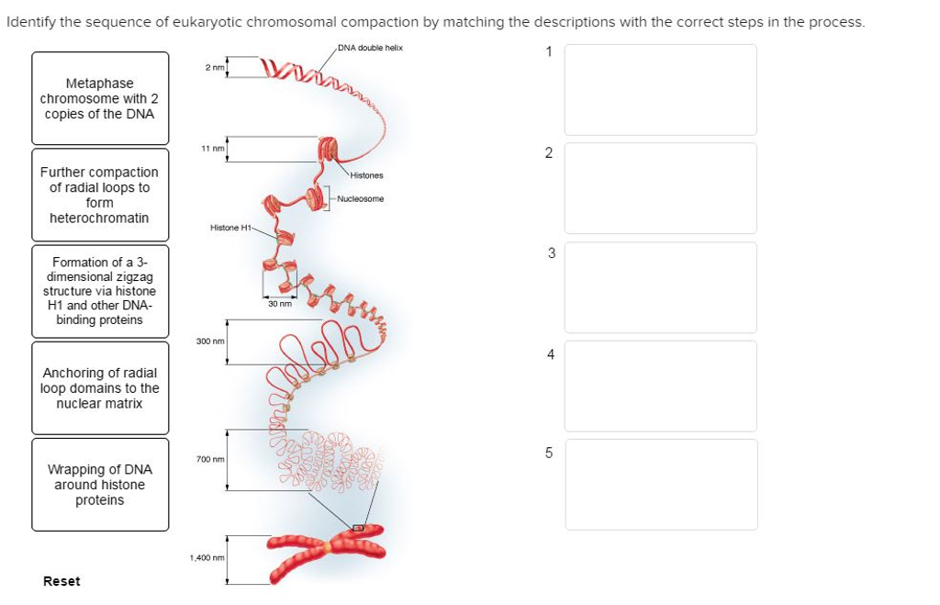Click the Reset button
(62, 581)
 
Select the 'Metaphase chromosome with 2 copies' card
(100, 98)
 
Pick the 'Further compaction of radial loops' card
(100, 195)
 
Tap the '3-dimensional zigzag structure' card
(100, 291)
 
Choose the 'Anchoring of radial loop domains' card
(100, 387)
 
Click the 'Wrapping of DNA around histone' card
(100, 484)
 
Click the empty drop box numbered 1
(660, 90)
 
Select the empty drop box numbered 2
(660, 188)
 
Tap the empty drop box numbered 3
(660, 286)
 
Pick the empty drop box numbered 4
(660, 386)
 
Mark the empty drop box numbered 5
(660, 484)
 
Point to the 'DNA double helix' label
(370, 48)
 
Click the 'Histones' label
(366, 175)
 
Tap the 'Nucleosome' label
(361, 198)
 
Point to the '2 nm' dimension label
(214, 67)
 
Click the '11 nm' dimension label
(213, 148)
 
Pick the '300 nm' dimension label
(209, 341)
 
